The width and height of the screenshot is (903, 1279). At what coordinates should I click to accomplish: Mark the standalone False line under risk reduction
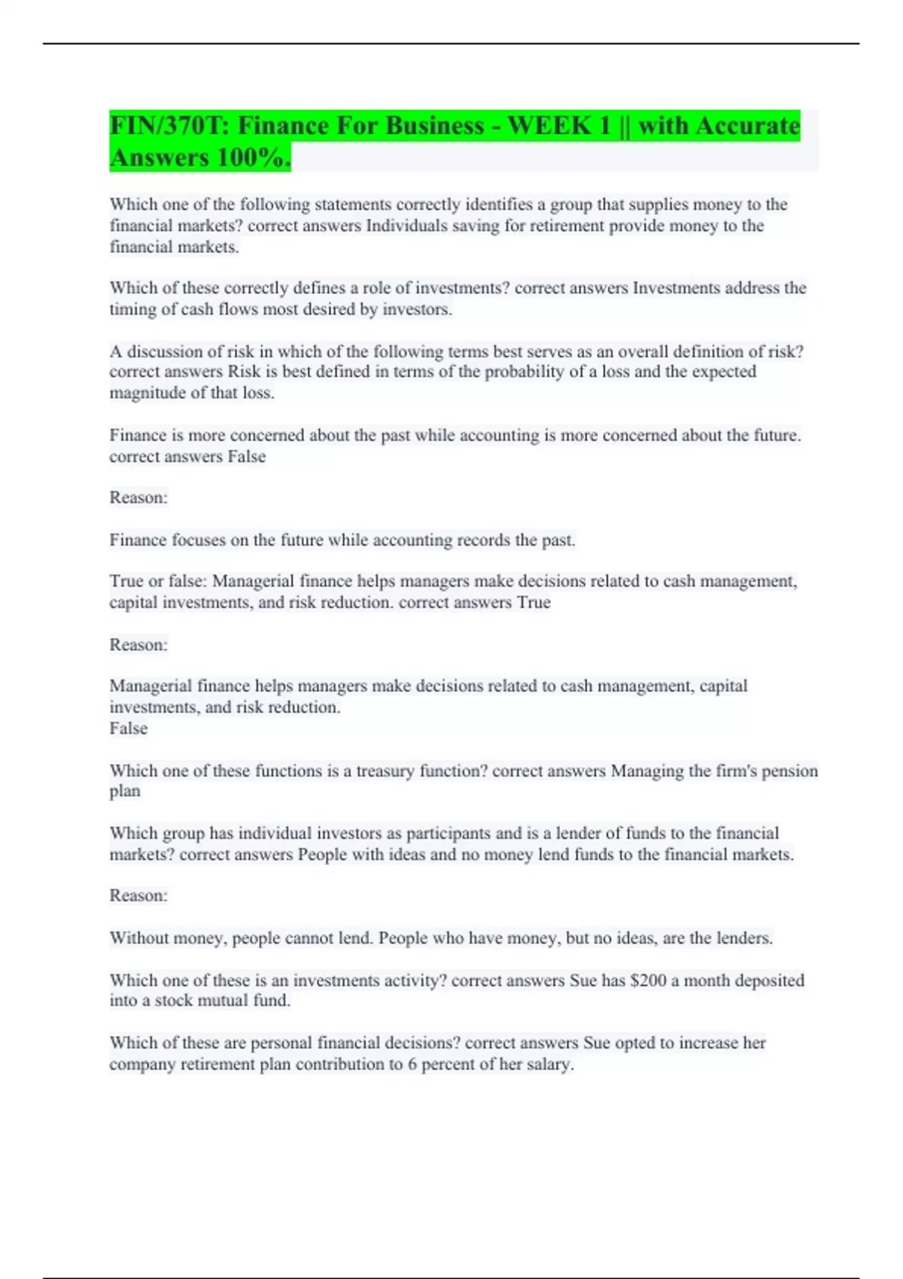(129, 728)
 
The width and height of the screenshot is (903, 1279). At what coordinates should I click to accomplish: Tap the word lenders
(743, 938)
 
